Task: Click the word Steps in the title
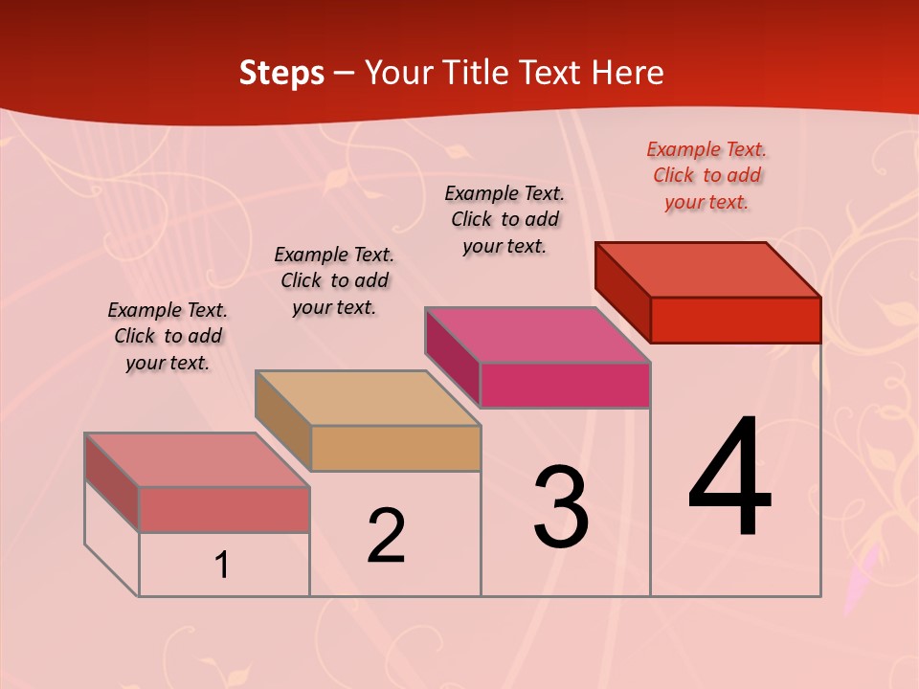pyautogui.click(x=281, y=74)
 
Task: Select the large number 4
pyautogui.click(x=729, y=478)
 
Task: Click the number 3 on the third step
pyautogui.click(x=561, y=507)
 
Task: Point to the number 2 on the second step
pyautogui.click(x=387, y=535)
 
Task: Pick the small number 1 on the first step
pyautogui.click(x=222, y=566)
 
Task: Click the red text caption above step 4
pyautogui.click(x=706, y=175)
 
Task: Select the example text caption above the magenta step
pyautogui.click(x=504, y=219)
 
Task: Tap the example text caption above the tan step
pyautogui.click(x=334, y=280)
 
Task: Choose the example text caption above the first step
pyautogui.click(x=168, y=336)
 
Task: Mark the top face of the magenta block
pyautogui.click(x=538, y=335)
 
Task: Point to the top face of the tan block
pyautogui.click(x=368, y=398)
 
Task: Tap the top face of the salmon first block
pyautogui.click(x=197, y=460)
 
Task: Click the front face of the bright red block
pyautogui.click(x=735, y=320)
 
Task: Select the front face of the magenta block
pyautogui.click(x=565, y=385)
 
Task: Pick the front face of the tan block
pyautogui.click(x=395, y=448)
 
